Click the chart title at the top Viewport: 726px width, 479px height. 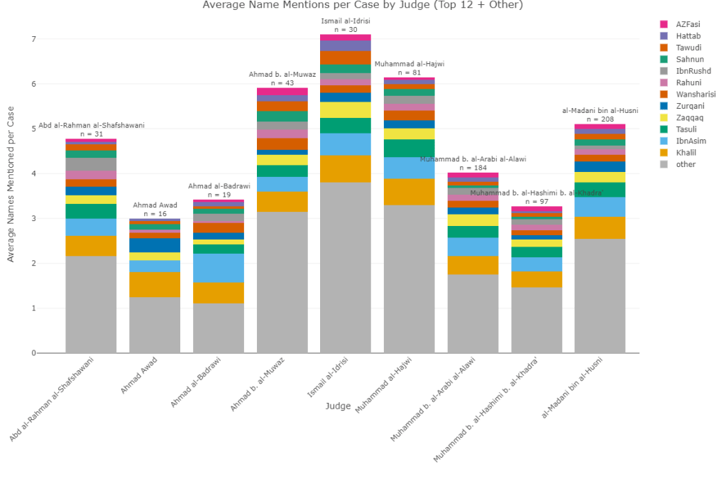(x=362, y=6)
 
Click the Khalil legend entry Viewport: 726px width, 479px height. (x=685, y=153)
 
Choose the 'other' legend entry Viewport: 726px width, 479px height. (x=685, y=164)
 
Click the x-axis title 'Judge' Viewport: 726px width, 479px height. (x=338, y=406)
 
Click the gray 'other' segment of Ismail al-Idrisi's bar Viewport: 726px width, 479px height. (x=346, y=268)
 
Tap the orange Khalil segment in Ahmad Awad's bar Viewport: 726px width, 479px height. (x=155, y=284)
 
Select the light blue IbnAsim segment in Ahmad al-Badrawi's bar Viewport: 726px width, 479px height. (x=219, y=268)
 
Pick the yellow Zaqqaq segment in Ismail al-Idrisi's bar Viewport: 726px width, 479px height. (x=346, y=109)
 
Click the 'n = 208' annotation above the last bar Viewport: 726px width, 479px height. (x=600, y=119)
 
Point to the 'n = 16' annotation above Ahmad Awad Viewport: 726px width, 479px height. (x=155, y=214)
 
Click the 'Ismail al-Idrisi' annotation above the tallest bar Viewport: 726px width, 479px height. (x=346, y=21)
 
